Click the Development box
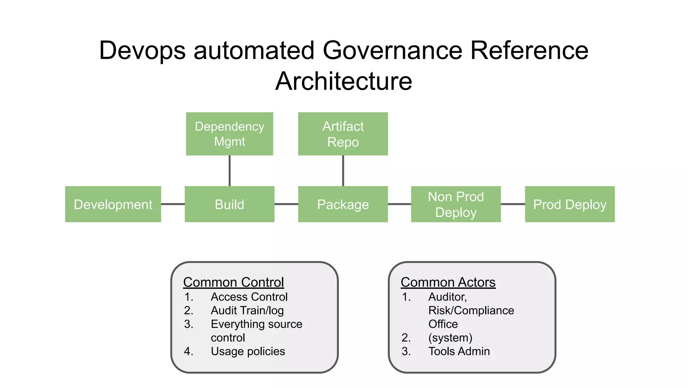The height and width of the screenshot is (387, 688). [x=113, y=204]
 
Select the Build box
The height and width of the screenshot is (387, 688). [x=229, y=204]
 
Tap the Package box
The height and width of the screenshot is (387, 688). [x=343, y=204]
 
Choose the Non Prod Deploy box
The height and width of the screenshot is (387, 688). [x=456, y=204]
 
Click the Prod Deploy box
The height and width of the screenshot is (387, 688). [x=570, y=204]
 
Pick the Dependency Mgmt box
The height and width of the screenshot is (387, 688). [x=229, y=134]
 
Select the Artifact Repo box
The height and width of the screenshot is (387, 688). [x=343, y=134]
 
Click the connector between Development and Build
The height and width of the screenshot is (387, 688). [x=173, y=204]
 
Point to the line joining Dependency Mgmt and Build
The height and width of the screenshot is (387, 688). [x=229, y=171]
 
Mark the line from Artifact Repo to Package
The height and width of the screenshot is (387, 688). [x=343, y=171]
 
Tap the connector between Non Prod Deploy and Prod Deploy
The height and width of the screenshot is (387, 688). [x=513, y=204]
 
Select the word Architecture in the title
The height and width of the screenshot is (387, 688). [x=344, y=81]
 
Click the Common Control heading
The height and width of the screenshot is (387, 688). [x=233, y=282]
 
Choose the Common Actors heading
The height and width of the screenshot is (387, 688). [x=448, y=282]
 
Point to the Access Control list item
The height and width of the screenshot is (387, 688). [x=249, y=297]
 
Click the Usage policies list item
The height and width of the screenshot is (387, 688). [x=248, y=351]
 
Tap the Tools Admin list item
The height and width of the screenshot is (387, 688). [x=459, y=351]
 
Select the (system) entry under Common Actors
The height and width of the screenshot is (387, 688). [x=450, y=338]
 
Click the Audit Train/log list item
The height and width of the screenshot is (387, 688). [x=247, y=310]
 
